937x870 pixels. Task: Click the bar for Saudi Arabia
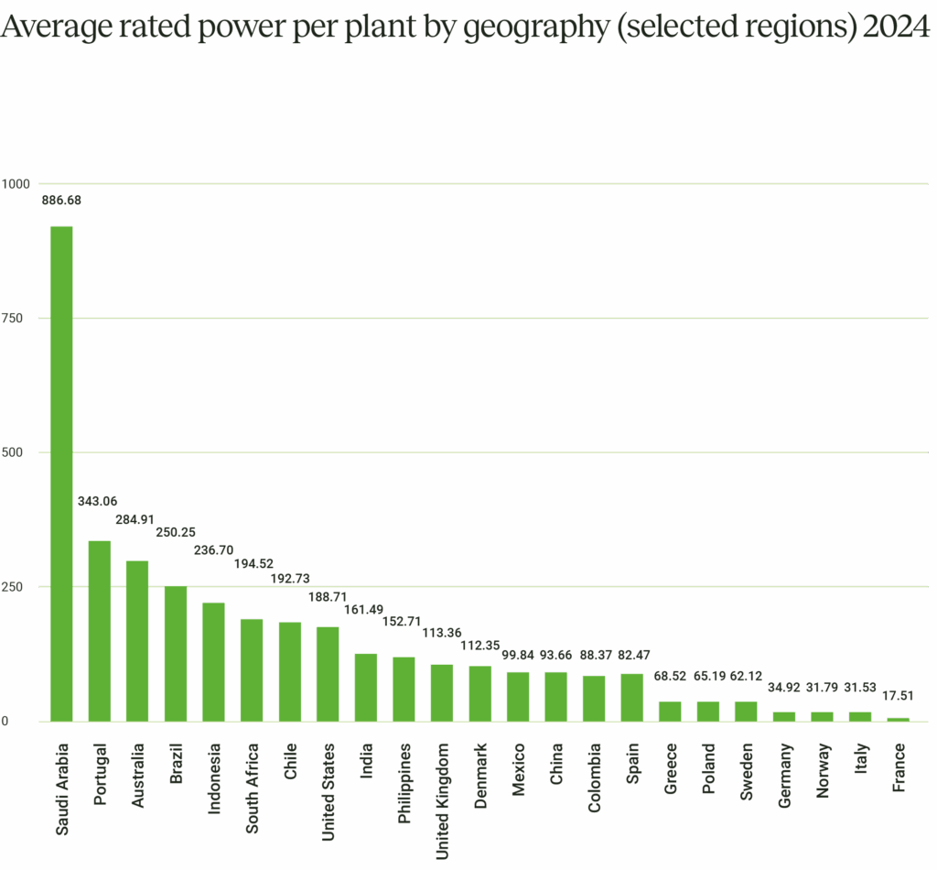[x=61, y=473]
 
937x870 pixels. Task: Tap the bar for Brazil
[x=175, y=653]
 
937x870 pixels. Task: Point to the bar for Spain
[x=631, y=697]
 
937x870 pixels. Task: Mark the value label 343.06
[x=95, y=500]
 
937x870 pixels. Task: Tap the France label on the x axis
[x=899, y=767]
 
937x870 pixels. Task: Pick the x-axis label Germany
[x=784, y=775]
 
